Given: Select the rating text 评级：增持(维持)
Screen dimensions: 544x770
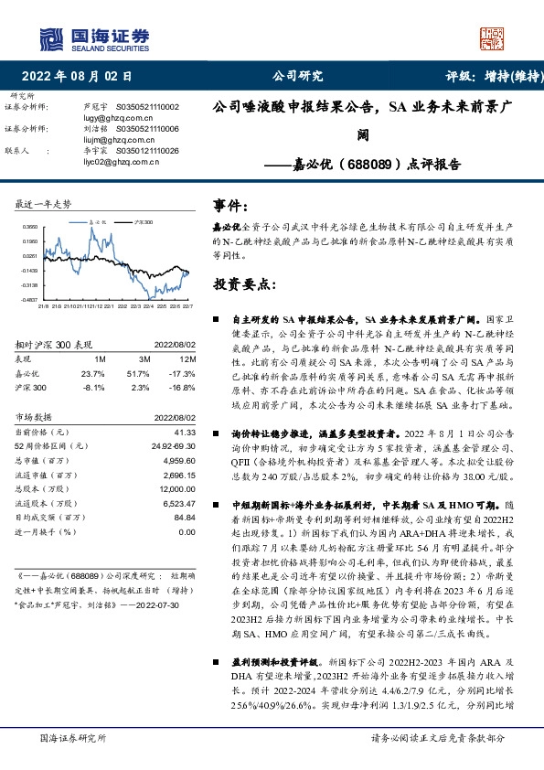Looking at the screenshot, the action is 482,76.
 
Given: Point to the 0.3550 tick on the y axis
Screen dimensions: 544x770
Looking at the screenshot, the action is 30,226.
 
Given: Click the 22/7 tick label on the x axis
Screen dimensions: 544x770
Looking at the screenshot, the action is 186,307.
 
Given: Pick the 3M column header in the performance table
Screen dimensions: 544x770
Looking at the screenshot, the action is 144,359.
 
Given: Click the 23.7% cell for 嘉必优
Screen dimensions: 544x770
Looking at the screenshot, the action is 93,373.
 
